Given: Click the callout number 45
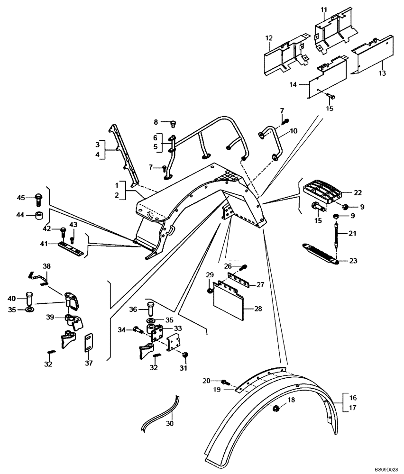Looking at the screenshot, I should tap(20, 197).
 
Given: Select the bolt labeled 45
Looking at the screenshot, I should tap(38, 199).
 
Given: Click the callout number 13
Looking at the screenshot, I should tap(382, 73).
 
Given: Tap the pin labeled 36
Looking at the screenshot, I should tap(151, 310).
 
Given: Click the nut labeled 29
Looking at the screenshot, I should tap(210, 290).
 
